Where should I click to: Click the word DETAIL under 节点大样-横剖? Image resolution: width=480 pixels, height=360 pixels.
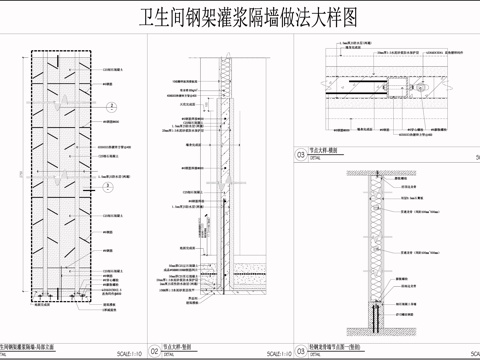[x=317, y=158]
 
